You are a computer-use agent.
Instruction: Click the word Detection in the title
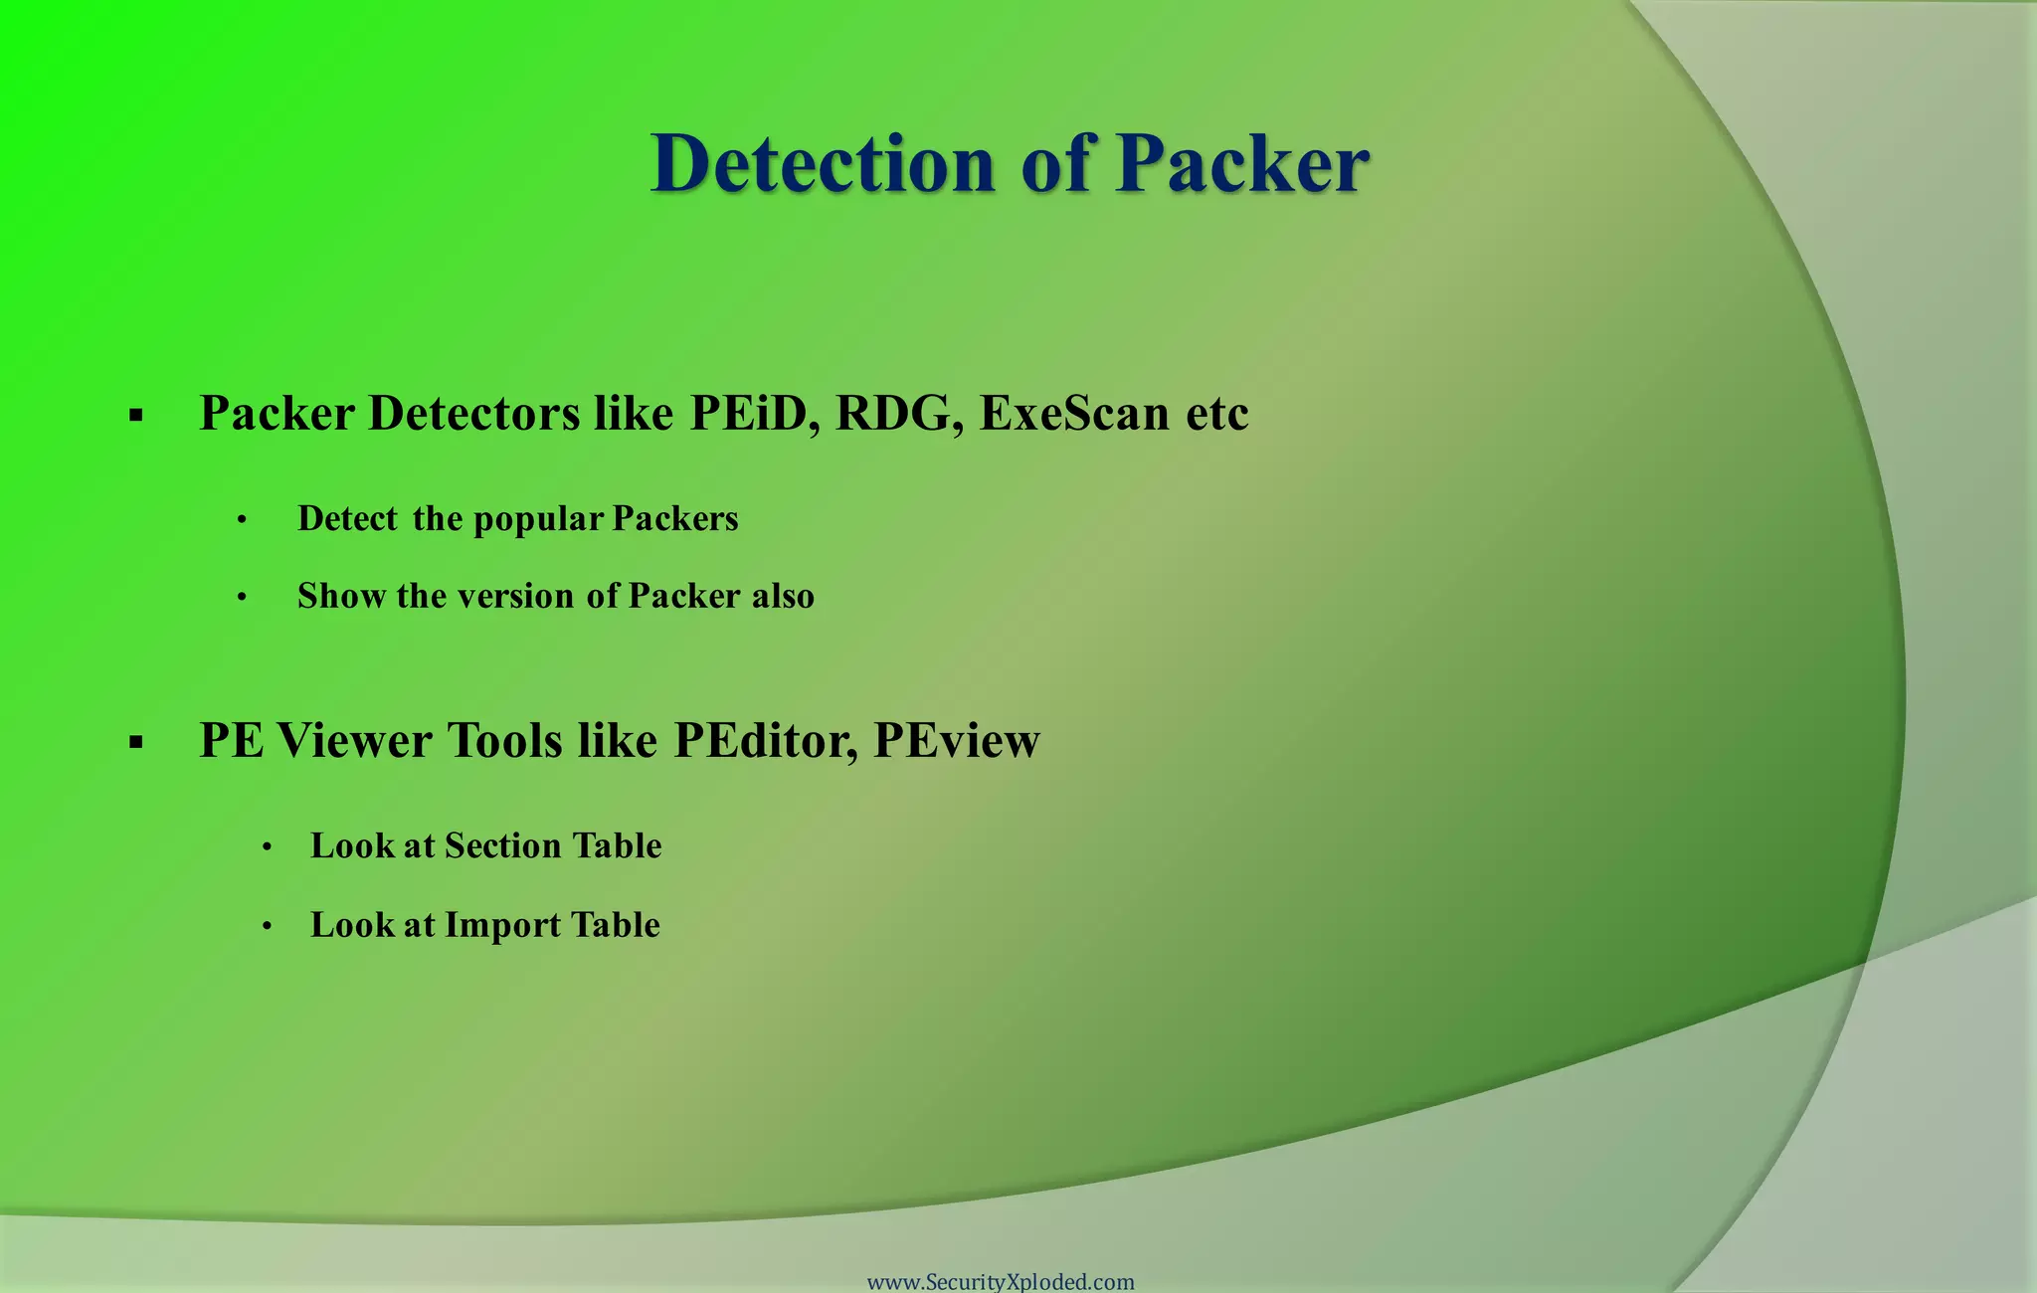[x=823, y=164]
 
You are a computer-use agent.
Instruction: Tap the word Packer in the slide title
[x=1242, y=164]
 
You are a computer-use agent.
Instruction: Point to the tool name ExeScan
[x=1074, y=413]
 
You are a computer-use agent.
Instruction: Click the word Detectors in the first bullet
[x=473, y=413]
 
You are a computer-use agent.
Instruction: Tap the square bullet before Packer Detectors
[x=136, y=416]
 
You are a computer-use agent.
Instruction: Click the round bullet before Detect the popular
[x=242, y=520]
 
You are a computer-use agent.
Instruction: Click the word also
[x=783, y=596]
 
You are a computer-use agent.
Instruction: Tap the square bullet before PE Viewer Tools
[x=136, y=742]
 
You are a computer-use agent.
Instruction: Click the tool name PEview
[x=956, y=741]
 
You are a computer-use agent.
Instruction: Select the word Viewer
[x=355, y=741]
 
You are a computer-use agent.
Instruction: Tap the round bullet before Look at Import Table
[x=267, y=927]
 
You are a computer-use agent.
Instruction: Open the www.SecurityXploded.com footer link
[x=1001, y=1281]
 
